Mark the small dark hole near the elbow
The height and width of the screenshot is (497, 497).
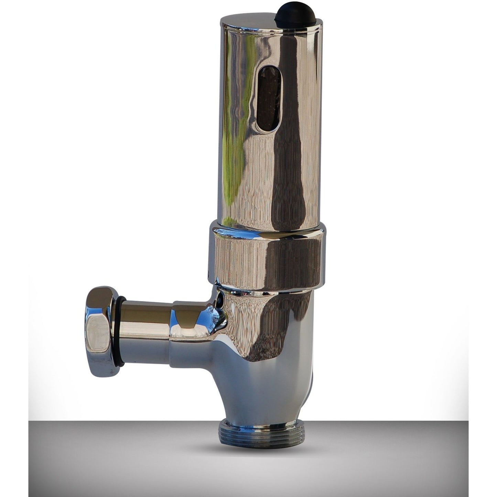(219, 302)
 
